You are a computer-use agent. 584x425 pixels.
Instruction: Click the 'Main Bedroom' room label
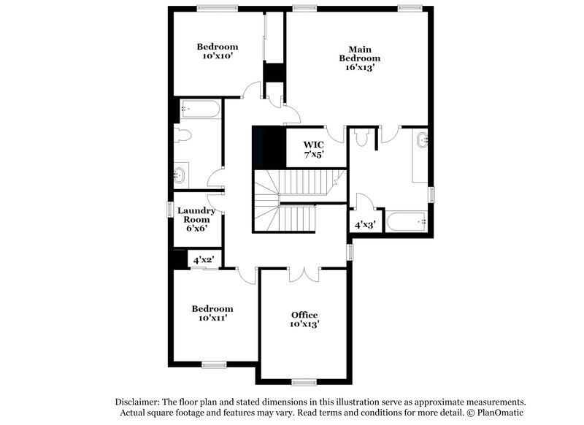pos(358,53)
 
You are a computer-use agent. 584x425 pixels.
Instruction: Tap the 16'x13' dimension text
pos(358,67)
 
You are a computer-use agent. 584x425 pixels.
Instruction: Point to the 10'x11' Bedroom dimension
pos(212,318)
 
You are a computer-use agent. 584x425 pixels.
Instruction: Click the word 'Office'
pos(304,314)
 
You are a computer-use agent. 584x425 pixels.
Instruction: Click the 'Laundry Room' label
pos(196,217)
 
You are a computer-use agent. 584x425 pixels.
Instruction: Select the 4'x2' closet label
pos(200,259)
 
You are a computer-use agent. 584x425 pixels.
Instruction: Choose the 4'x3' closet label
pos(364,225)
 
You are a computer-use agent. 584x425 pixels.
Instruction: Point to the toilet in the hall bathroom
pos(182,135)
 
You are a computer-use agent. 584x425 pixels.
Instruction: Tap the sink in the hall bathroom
pos(180,174)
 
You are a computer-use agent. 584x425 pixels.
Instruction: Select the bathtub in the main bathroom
pos(407,221)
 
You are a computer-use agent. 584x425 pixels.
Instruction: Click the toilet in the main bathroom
pos(359,137)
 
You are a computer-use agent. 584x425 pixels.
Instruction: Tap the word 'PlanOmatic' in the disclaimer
pos(500,413)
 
